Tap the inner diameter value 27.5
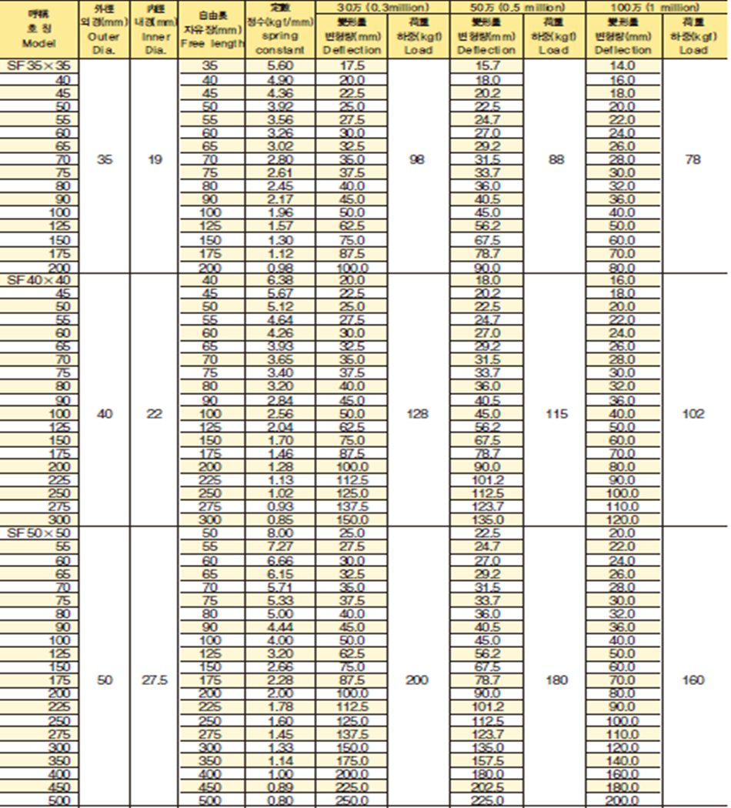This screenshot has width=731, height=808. pos(155,680)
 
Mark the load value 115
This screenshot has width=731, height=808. pos(554,414)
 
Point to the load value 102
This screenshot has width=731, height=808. pos(693,414)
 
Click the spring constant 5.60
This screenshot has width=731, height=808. pos(279,67)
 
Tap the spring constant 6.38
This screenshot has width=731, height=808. pos(279,280)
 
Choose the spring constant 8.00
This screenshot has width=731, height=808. pos(279,533)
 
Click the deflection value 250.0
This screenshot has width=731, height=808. pos(352,801)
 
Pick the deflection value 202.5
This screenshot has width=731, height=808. pos(487,786)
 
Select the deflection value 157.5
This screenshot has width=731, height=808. pos(487,760)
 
